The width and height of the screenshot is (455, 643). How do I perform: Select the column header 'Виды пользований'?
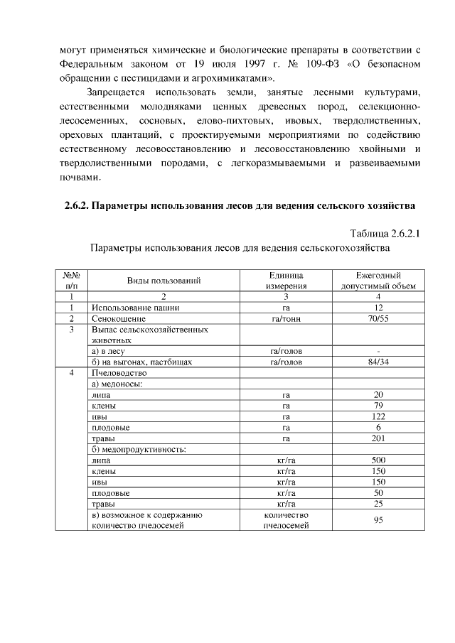pyautogui.click(x=164, y=281)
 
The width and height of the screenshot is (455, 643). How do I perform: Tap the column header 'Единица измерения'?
pyautogui.click(x=285, y=281)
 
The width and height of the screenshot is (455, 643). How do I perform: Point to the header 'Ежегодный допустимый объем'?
pyautogui.click(x=379, y=281)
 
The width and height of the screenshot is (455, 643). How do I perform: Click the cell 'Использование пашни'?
pyautogui.click(x=136, y=308)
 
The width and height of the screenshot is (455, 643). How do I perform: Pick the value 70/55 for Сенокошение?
pyautogui.click(x=379, y=319)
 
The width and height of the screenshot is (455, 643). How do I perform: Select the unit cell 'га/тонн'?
pyautogui.click(x=286, y=319)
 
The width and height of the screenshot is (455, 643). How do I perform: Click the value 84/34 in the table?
pyautogui.click(x=379, y=362)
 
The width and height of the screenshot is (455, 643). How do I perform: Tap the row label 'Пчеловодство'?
pyautogui.click(x=119, y=373)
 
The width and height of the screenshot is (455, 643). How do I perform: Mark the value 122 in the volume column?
pyautogui.click(x=379, y=416)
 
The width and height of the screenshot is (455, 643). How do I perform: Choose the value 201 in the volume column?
pyautogui.click(x=379, y=438)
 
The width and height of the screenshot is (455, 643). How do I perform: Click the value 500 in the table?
pyautogui.click(x=379, y=460)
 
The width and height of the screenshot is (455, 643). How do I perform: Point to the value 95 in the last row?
pyautogui.click(x=379, y=520)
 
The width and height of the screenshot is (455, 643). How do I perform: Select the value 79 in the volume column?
pyautogui.click(x=379, y=406)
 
